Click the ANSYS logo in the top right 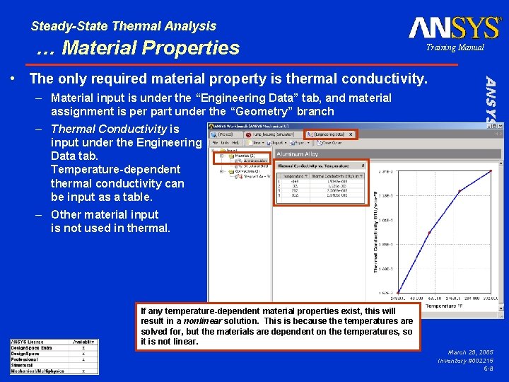coord(454,28)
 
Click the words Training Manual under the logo coord(455,47)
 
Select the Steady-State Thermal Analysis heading coord(124,26)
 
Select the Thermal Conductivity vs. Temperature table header coord(311,166)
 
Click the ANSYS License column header coord(31,342)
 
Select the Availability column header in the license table coord(83,342)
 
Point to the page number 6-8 coord(488,369)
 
